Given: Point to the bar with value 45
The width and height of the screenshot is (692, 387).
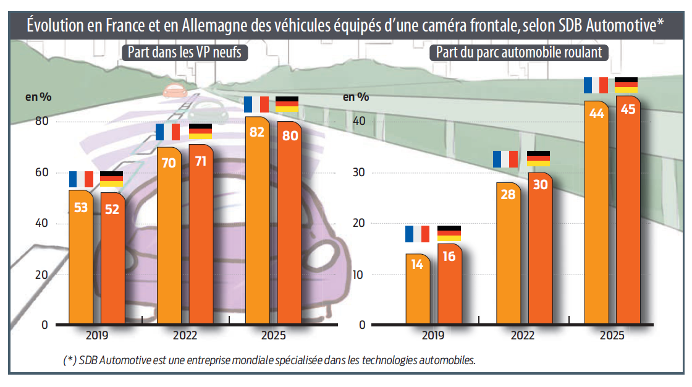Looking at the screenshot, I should (x=628, y=210).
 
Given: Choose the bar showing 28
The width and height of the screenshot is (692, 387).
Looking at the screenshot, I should (x=507, y=253).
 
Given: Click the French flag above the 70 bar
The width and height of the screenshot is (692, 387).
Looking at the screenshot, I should (x=167, y=132).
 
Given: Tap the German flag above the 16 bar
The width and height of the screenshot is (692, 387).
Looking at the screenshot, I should (x=449, y=234).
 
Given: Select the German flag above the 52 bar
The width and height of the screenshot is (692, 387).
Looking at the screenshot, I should (x=112, y=179).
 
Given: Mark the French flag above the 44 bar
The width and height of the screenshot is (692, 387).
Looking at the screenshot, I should (x=596, y=85).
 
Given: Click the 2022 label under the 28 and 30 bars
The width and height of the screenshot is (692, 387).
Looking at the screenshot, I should (x=523, y=336).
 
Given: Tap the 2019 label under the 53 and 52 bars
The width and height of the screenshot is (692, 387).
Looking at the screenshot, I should (x=97, y=336).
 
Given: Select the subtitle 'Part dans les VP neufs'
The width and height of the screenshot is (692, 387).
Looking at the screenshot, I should (x=184, y=53).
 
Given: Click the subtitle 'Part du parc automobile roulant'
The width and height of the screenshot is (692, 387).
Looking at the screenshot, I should (x=519, y=53).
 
